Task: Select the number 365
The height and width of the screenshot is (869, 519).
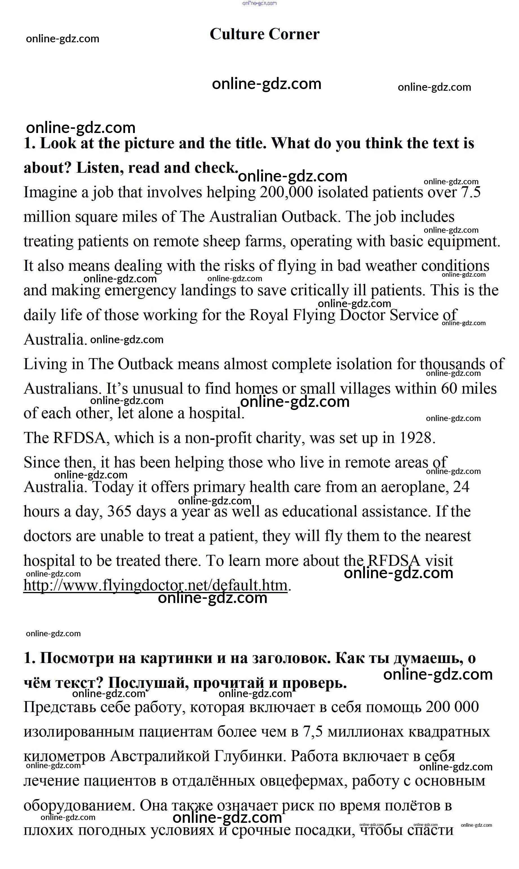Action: tap(119, 512)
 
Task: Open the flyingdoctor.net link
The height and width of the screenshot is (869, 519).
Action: tap(155, 586)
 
